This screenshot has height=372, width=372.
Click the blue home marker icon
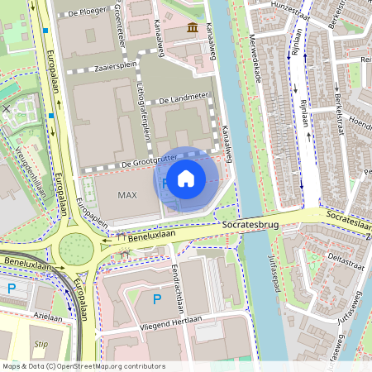click(x=186, y=178)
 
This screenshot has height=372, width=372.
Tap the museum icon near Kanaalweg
click(x=193, y=29)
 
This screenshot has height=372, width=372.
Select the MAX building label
click(x=126, y=195)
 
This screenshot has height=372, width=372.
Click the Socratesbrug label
click(x=247, y=223)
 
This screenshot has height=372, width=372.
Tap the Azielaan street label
click(x=47, y=317)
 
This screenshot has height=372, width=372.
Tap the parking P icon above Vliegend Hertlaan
click(x=156, y=298)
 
